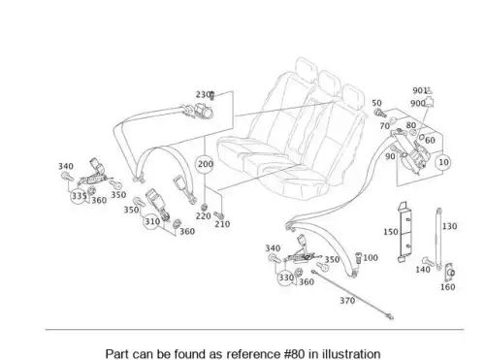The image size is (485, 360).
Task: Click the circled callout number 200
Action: coord(205,164)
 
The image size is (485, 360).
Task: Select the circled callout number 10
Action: coord(443,162)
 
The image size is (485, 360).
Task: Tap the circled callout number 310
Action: coord(152,221)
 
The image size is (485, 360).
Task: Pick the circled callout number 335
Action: coord(79,196)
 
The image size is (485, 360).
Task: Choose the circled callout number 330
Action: coord(286,278)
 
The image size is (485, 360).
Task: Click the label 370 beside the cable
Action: coord(347,301)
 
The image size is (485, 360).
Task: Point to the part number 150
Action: coord(391,232)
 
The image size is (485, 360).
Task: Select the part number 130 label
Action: coord(449,226)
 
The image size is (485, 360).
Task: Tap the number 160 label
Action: coord(447,287)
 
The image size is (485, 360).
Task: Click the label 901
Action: coord(420,90)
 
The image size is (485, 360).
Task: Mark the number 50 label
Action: coord(376,103)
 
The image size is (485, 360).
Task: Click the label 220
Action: coord(203,215)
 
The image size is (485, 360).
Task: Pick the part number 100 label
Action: coord(371,258)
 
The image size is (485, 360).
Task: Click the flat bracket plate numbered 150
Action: coord(404,232)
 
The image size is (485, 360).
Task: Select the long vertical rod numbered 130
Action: coord(438,239)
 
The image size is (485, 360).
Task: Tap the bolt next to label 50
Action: coord(380,114)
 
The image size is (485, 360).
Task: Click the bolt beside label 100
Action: coord(358,258)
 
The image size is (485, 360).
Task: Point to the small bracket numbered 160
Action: coord(449,272)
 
